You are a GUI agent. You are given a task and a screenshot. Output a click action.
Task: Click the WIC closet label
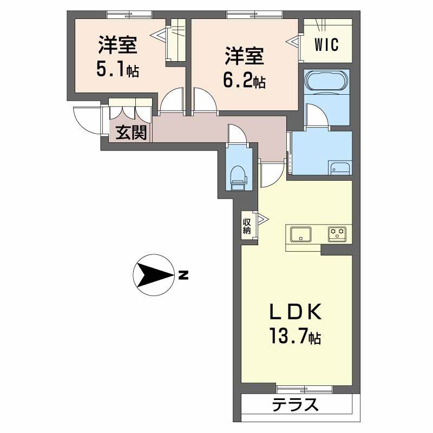(x=327, y=44)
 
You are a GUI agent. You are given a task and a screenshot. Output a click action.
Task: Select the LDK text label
(x=296, y=312)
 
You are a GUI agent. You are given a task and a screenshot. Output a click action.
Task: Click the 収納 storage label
(x=247, y=226)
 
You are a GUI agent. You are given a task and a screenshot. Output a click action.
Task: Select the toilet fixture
(x=238, y=177)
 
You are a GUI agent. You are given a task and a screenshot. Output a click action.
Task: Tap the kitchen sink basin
(x=301, y=234)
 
